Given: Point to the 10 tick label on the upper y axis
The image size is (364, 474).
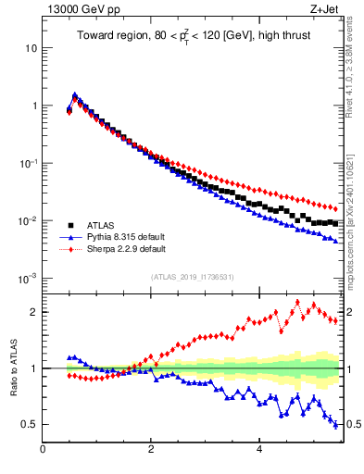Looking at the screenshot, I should (30, 47).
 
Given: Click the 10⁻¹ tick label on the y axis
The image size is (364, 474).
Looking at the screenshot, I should (28, 163).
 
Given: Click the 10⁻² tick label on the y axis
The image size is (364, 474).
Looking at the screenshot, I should (28, 220).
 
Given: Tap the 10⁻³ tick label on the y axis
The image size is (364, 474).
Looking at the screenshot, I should (28, 279).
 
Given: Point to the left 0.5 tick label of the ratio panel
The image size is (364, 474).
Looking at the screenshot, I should (30, 424).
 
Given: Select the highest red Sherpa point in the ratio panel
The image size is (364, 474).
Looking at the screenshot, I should (297, 302).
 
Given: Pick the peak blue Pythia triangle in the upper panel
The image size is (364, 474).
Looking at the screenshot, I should (75, 94).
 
